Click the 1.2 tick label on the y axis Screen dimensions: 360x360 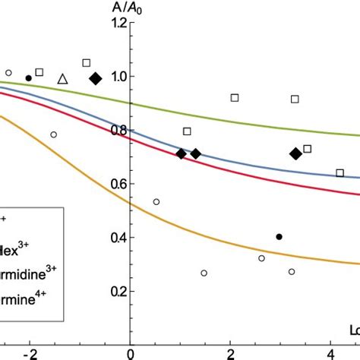pyautogui.click(x=116, y=23)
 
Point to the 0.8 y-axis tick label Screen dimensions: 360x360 pyautogui.click(x=116, y=130)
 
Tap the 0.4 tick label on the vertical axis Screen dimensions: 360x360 pyautogui.click(x=116, y=238)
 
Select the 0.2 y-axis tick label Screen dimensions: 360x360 pyautogui.click(x=116, y=291)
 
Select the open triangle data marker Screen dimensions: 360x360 pyautogui.click(x=63, y=78)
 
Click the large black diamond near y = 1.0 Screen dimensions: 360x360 pyautogui.click(x=96, y=78)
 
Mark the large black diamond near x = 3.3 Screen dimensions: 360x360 pyautogui.click(x=295, y=153)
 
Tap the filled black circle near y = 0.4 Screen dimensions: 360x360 pyautogui.click(x=279, y=237)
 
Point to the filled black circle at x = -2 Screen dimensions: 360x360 pyautogui.click(x=29, y=77)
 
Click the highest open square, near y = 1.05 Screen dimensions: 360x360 pyautogui.click(x=86, y=62)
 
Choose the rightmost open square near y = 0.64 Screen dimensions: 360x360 pyautogui.click(x=339, y=173)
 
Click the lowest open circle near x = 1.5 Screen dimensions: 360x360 pyautogui.click(x=204, y=273)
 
